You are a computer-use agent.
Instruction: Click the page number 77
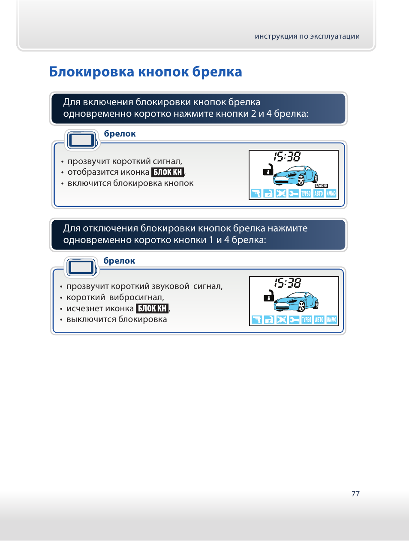click(355, 494)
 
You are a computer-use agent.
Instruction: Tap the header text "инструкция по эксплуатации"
click(307, 36)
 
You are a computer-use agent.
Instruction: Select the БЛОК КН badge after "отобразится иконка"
click(168, 172)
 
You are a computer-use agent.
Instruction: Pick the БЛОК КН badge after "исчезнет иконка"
click(152, 308)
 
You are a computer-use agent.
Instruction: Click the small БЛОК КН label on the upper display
click(321, 186)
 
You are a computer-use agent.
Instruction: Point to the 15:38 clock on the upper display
click(287, 157)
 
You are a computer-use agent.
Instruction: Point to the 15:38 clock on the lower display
click(288, 283)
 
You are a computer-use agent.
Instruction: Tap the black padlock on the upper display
click(268, 170)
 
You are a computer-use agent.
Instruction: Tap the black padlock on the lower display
click(269, 296)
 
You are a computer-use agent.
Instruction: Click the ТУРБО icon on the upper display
click(306, 194)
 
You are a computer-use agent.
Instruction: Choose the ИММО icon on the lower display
click(332, 320)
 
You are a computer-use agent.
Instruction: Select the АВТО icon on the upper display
click(319, 194)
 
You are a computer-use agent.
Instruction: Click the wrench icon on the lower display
click(294, 320)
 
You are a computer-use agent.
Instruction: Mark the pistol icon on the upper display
click(256, 194)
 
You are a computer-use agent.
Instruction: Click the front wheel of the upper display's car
click(301, 181)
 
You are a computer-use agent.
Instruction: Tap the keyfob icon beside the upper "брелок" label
click(81, 140)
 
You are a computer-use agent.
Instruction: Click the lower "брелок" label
click(119, 261)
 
